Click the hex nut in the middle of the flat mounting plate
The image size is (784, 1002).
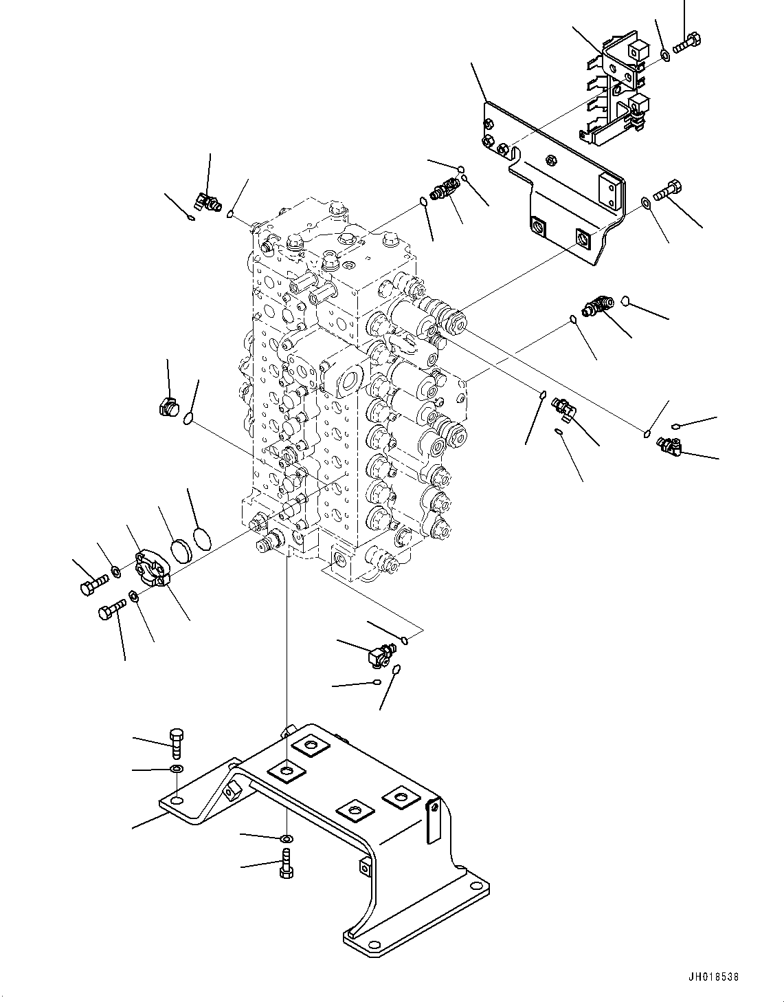[550, 161]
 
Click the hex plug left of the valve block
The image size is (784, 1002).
[168, 408]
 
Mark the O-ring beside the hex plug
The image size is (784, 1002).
[188, 416]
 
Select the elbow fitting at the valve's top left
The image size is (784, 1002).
[208, 202]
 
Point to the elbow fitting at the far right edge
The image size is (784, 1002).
[668, 446]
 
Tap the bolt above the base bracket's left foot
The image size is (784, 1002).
[175, 743]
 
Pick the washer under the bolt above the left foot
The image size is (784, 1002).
[176, 768]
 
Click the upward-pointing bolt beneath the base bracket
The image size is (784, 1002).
[287, 862]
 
